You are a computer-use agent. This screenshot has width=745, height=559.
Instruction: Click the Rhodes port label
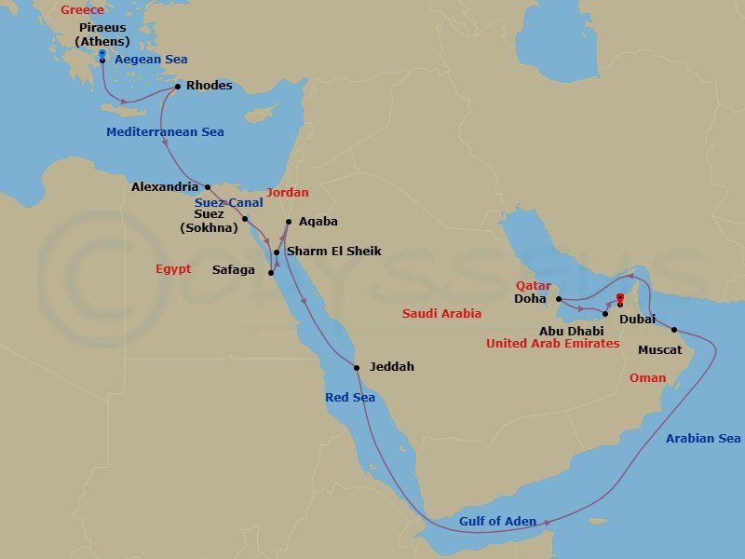209,86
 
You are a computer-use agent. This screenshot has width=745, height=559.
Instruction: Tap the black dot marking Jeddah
356,365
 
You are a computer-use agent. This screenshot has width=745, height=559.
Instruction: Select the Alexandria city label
165,187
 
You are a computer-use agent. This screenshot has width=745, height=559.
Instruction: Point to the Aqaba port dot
289,222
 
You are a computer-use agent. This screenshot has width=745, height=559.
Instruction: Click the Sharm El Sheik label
333,252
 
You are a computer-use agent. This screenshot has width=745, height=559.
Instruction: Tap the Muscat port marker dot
674,330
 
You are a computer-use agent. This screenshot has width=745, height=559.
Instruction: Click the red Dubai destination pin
619,299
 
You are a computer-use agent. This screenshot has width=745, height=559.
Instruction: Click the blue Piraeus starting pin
102,55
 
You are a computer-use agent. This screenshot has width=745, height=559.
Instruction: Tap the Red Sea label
350,398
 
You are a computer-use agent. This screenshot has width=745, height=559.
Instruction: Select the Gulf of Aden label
497,522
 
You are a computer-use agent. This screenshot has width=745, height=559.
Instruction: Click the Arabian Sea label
703,438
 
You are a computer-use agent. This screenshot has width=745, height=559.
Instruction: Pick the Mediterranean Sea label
165,132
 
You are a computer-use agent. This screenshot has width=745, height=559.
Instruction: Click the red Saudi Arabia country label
445,314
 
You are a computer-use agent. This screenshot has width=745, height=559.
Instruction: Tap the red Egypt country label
173,269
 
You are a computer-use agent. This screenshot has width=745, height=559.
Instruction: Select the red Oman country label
647,378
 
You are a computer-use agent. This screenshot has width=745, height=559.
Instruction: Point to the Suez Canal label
229,202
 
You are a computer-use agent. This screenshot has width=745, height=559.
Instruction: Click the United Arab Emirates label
552,344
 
